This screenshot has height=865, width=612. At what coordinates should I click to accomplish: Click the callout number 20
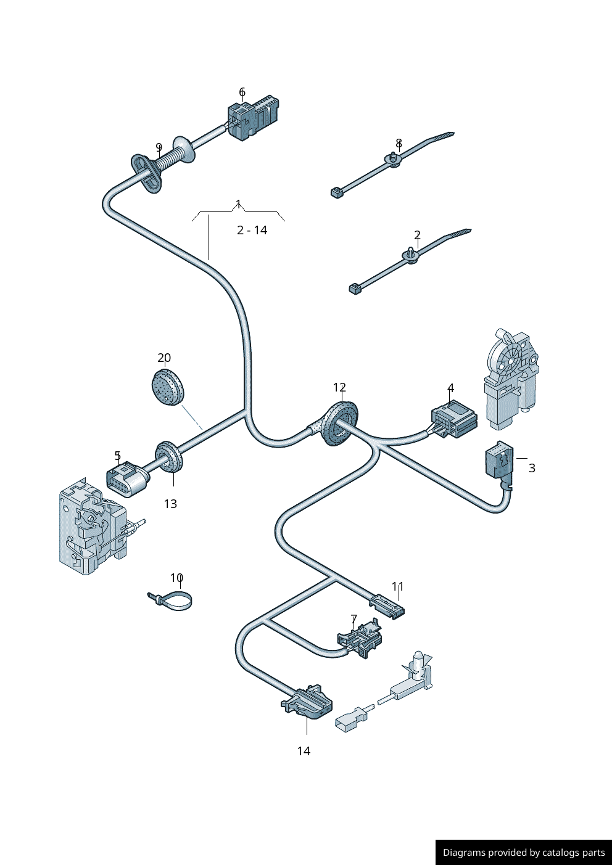tap(164, 358)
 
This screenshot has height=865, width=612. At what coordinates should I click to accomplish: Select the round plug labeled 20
tap(167, 387)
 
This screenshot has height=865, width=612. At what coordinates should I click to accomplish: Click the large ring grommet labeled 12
tap(337, 424)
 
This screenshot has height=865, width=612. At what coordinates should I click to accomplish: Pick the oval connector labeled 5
tap(127, 479)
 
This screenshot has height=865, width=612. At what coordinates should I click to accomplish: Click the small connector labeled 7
tap(360, 637)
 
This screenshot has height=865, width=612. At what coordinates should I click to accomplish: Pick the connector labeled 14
tap(308, 702)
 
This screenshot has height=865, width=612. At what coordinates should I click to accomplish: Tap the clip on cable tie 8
tap(393, 158)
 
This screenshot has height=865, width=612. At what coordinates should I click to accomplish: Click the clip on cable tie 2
tap(411, 255)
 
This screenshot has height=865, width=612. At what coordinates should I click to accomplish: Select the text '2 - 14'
tap(252, 230)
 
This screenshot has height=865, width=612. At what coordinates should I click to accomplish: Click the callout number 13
tap(170, 504)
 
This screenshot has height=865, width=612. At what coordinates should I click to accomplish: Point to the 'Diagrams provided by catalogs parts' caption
tap(523, 852)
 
